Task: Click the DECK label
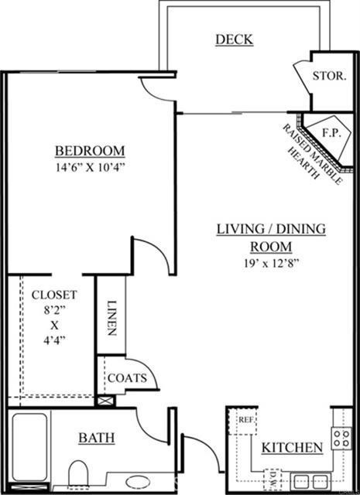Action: click(235, 39)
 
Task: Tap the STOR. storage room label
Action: click(329, 76)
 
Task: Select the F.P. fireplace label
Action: click(331, 133)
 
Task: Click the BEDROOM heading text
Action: click(90, 151)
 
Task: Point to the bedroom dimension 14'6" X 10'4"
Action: click(91, 167)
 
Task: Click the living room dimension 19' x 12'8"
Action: click(271, 263)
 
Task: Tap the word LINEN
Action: click(111, 318)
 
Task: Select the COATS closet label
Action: click(127, 378)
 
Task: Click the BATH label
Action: click(97, 438)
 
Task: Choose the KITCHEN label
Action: click(292, 448)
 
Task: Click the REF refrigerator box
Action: click(243, 421)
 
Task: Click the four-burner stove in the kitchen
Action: click(341, 439)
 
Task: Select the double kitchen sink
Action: click(310, 482)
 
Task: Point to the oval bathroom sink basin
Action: click(138, 482)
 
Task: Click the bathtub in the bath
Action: click(29, 447)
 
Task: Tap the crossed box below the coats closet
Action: click(105, 401)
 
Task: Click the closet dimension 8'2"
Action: click(54, 310)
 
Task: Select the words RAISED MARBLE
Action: click(312, 154)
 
